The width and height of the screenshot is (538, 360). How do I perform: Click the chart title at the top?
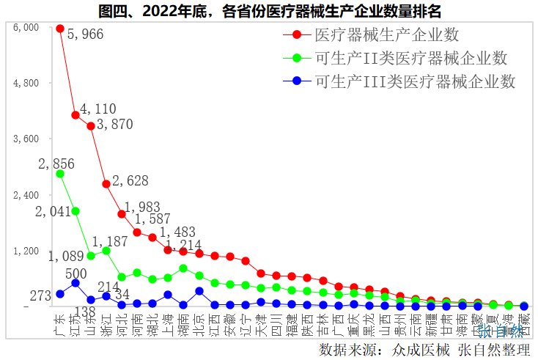click(269, 10)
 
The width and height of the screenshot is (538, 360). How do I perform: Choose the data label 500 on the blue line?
click(75, 273)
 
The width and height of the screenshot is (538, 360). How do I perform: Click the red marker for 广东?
click(60, 29)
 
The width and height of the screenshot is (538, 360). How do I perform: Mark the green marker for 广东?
click(60, 174)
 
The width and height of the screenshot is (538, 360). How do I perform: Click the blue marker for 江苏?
click(75, 283)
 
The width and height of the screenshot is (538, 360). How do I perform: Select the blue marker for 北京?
click(199, 291)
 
